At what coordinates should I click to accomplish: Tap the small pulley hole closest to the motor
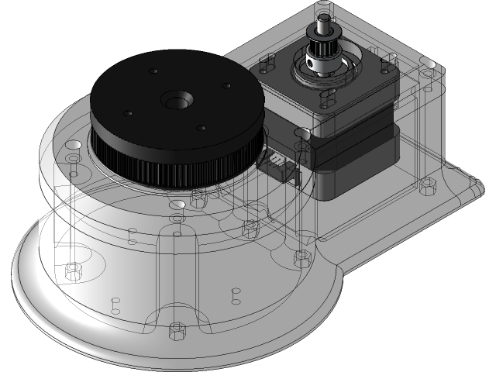[x=227, y=86]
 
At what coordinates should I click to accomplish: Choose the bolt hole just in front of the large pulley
[x=177, y=205]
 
